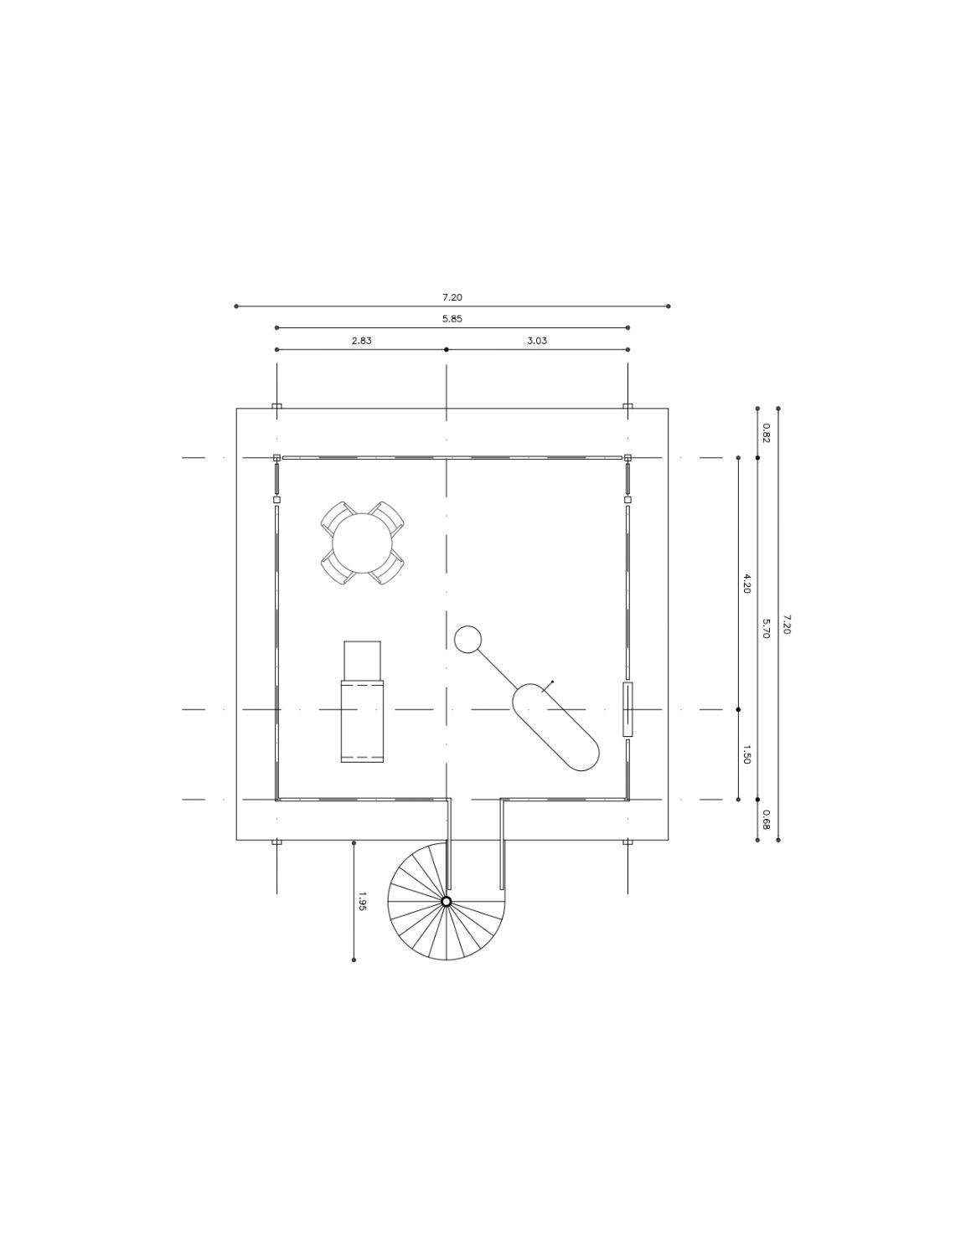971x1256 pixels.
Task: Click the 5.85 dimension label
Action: coord(452,318)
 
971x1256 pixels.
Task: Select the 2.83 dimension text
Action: coord(361,341)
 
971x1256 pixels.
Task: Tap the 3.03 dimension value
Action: coord(537,341)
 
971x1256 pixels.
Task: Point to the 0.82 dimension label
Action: coord(766,433)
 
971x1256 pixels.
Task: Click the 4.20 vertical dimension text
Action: coord(746,584)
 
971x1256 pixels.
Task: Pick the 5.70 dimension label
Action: coord(766,628)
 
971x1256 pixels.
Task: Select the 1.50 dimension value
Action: coord(746,755)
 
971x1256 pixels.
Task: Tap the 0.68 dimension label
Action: coord(766,820)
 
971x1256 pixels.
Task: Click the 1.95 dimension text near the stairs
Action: coord(362,901)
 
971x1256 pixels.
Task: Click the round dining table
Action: coord(362,543)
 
